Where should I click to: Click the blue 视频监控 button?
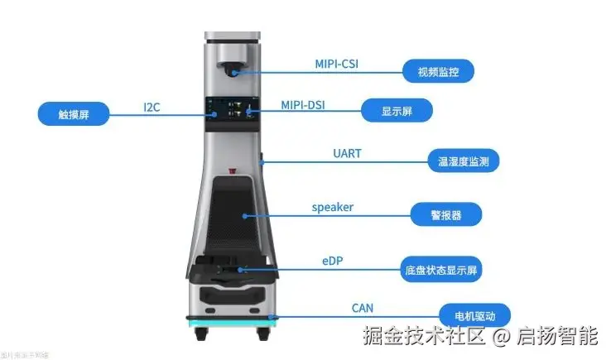point(439,71)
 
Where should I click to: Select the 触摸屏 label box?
point(73,113)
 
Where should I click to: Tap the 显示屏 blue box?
point(397,110)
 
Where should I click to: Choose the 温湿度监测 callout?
point(463,160)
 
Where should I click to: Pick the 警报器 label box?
point(446,215)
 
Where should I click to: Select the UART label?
point(347,154)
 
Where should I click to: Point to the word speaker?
point(332,207)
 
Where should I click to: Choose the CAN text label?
point(362,309)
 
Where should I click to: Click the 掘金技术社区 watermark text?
point(422,338)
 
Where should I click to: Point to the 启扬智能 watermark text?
point(557,338)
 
